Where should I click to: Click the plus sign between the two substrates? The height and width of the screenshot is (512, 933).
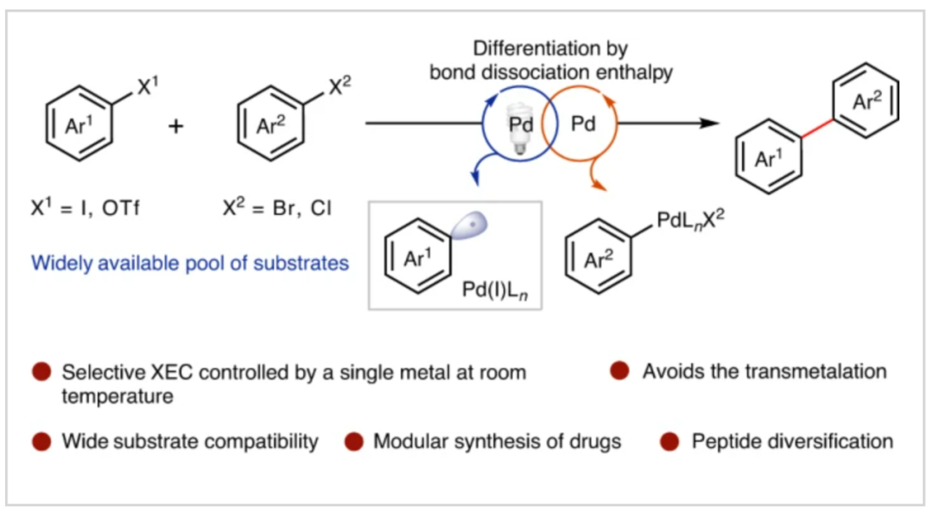176,126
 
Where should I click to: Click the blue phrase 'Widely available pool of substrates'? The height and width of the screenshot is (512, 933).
190,262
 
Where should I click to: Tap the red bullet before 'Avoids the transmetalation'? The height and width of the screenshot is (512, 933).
619,371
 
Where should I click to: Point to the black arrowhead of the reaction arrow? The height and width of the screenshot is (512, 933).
709,124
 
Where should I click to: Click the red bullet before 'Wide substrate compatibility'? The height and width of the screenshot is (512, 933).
41,442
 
